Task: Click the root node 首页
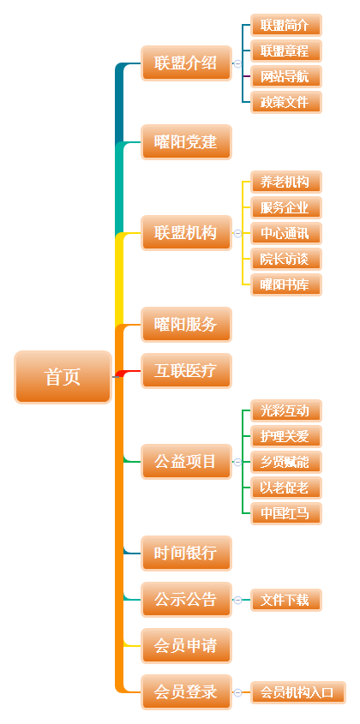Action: point(63,377)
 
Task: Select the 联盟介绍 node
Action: point(186,63)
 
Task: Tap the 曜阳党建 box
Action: point(186,142)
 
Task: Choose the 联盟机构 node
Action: point(186,233)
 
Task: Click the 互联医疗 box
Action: point(186,371)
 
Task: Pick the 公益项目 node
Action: point(186,462)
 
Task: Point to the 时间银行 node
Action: point(186,553)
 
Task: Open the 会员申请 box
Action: point(186,645)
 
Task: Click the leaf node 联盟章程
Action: point(286,51)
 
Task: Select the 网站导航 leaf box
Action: point(286,76)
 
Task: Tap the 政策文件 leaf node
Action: point(286,102)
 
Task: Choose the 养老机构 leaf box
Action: point(286,182)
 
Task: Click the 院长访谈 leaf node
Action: point(286,259)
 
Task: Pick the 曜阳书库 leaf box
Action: point(286,285)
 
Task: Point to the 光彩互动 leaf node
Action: point(286,410)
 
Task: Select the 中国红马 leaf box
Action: point(286,513)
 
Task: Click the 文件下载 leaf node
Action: point(286,600)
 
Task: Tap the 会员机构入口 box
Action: point(298,692)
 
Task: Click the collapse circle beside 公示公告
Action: point(237,600)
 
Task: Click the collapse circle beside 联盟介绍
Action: point(237,63)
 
